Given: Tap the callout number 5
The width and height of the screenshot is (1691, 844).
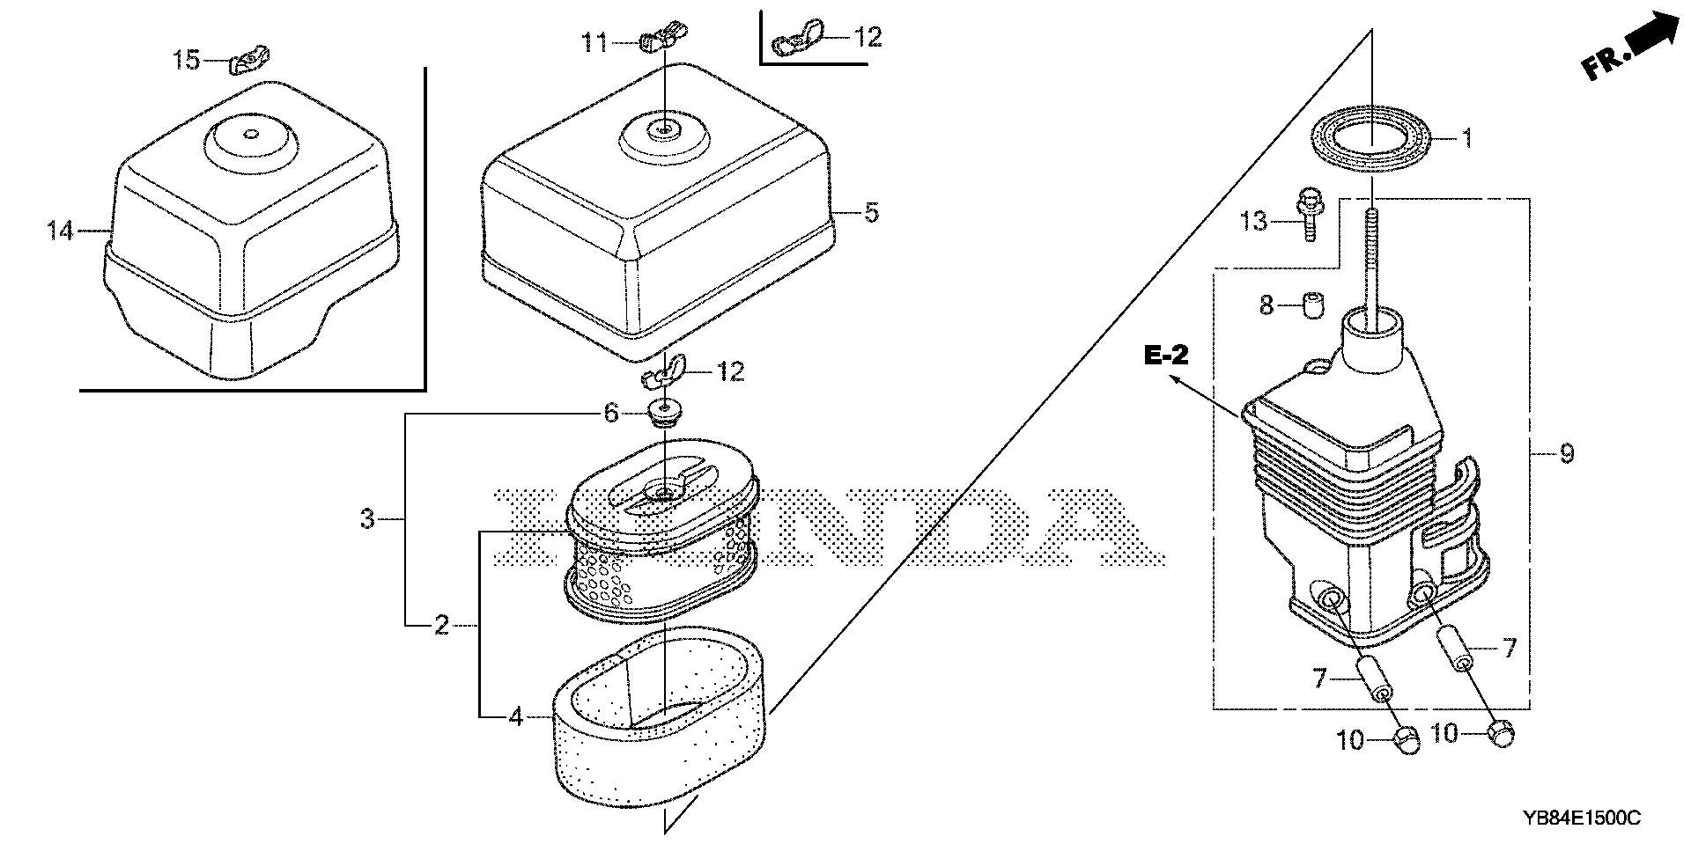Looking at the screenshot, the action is tap(870, 212).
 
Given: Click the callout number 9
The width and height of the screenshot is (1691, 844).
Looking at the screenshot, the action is tap(1566, 453).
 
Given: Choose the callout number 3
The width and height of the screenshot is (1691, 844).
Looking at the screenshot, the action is tap(367, 519).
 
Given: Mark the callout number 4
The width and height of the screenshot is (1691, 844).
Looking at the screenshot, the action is tap(516, 717).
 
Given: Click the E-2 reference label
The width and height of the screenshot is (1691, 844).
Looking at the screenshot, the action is tap(1166, 355).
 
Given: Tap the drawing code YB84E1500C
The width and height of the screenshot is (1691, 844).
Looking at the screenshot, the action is tap(1583, 818).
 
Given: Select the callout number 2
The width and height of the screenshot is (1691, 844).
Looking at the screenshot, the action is tap(441, 625).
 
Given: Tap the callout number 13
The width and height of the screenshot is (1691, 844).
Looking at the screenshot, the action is tap(1254, 220).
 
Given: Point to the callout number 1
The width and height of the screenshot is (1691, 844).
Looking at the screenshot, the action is tap(1466, 138).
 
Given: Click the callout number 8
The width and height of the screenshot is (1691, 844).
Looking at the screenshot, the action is tap(1266, 306).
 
